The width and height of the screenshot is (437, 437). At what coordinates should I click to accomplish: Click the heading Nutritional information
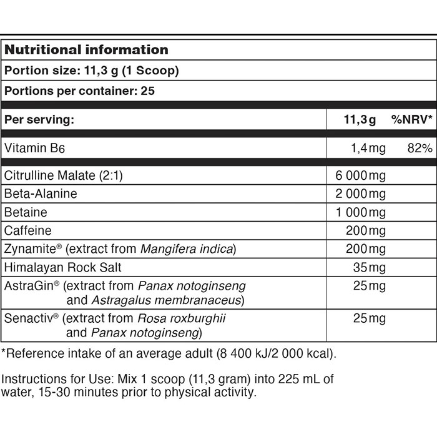click(86, 49)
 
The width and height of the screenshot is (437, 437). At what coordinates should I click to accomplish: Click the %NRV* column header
click(412, 119)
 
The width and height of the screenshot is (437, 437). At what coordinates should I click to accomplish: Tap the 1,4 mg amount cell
click(368, 148)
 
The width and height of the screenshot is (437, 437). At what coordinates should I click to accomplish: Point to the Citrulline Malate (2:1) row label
click(64, 176)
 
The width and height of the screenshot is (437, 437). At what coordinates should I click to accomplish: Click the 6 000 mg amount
click(361, 176)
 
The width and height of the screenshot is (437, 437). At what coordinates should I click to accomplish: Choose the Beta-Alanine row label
click(41, 194)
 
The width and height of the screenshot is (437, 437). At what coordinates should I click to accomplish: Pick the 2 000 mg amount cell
click(361, 194)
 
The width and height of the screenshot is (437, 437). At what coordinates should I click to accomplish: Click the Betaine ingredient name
click(26, 212)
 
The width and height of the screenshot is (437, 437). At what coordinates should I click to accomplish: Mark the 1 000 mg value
click(361, 212)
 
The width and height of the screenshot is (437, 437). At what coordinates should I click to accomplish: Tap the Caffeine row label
click(28, 230)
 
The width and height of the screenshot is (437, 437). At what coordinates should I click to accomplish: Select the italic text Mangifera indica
click(187, 249)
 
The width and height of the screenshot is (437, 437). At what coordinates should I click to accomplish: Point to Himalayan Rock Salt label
click(63, 267)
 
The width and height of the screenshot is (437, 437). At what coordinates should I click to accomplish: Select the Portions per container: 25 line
click(79, 91)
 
